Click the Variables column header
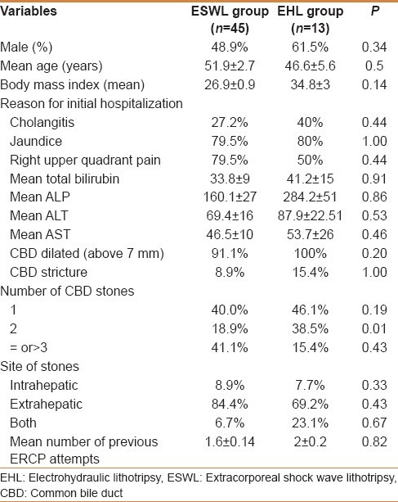[29, 11]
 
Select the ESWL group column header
[230, 20]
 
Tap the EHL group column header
[311, 20]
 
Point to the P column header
[375, 11]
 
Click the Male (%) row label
[26, 47]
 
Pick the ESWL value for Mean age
[230, 66]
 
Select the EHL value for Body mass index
[311, 85]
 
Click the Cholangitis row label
[42, 122]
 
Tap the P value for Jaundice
[374, 141]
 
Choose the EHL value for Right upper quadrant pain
[311, 160]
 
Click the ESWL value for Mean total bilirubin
[230, 179]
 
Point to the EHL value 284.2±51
[310, 197]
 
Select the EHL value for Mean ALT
[310, 215]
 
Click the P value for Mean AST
[374, 234]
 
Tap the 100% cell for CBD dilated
[311, 253]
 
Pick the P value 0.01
[374, 328]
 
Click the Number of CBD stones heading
[67, 291]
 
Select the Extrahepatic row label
[46, 404]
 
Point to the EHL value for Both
[310, 423]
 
